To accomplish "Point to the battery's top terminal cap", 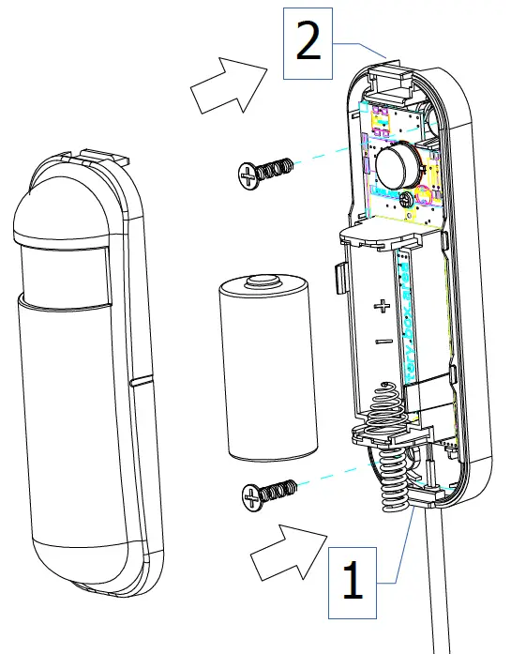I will coord(262,279).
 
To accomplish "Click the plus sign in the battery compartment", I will coord(381,306).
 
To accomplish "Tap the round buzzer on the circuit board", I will coord(397,162).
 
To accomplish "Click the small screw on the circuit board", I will coord(404,198).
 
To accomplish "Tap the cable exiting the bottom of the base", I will coord(437,591).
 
